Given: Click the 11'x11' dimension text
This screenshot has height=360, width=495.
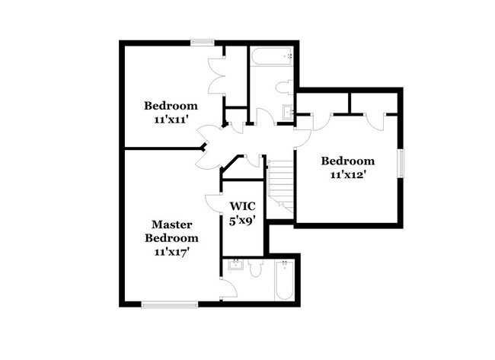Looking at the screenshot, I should pos(171,119).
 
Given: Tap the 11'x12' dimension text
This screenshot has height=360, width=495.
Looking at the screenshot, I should pos(347,174).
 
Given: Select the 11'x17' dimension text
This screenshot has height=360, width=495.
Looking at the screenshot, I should pos(171,250).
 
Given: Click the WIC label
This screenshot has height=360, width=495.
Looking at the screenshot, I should pos(243,206).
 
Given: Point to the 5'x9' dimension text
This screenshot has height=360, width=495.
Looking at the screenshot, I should pos(243,219).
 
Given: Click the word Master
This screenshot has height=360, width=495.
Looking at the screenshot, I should pos(171,225).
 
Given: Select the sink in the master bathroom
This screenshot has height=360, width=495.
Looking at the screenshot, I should pos(234,266).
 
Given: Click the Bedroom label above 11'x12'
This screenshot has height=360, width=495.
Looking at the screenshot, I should pos(347,161).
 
